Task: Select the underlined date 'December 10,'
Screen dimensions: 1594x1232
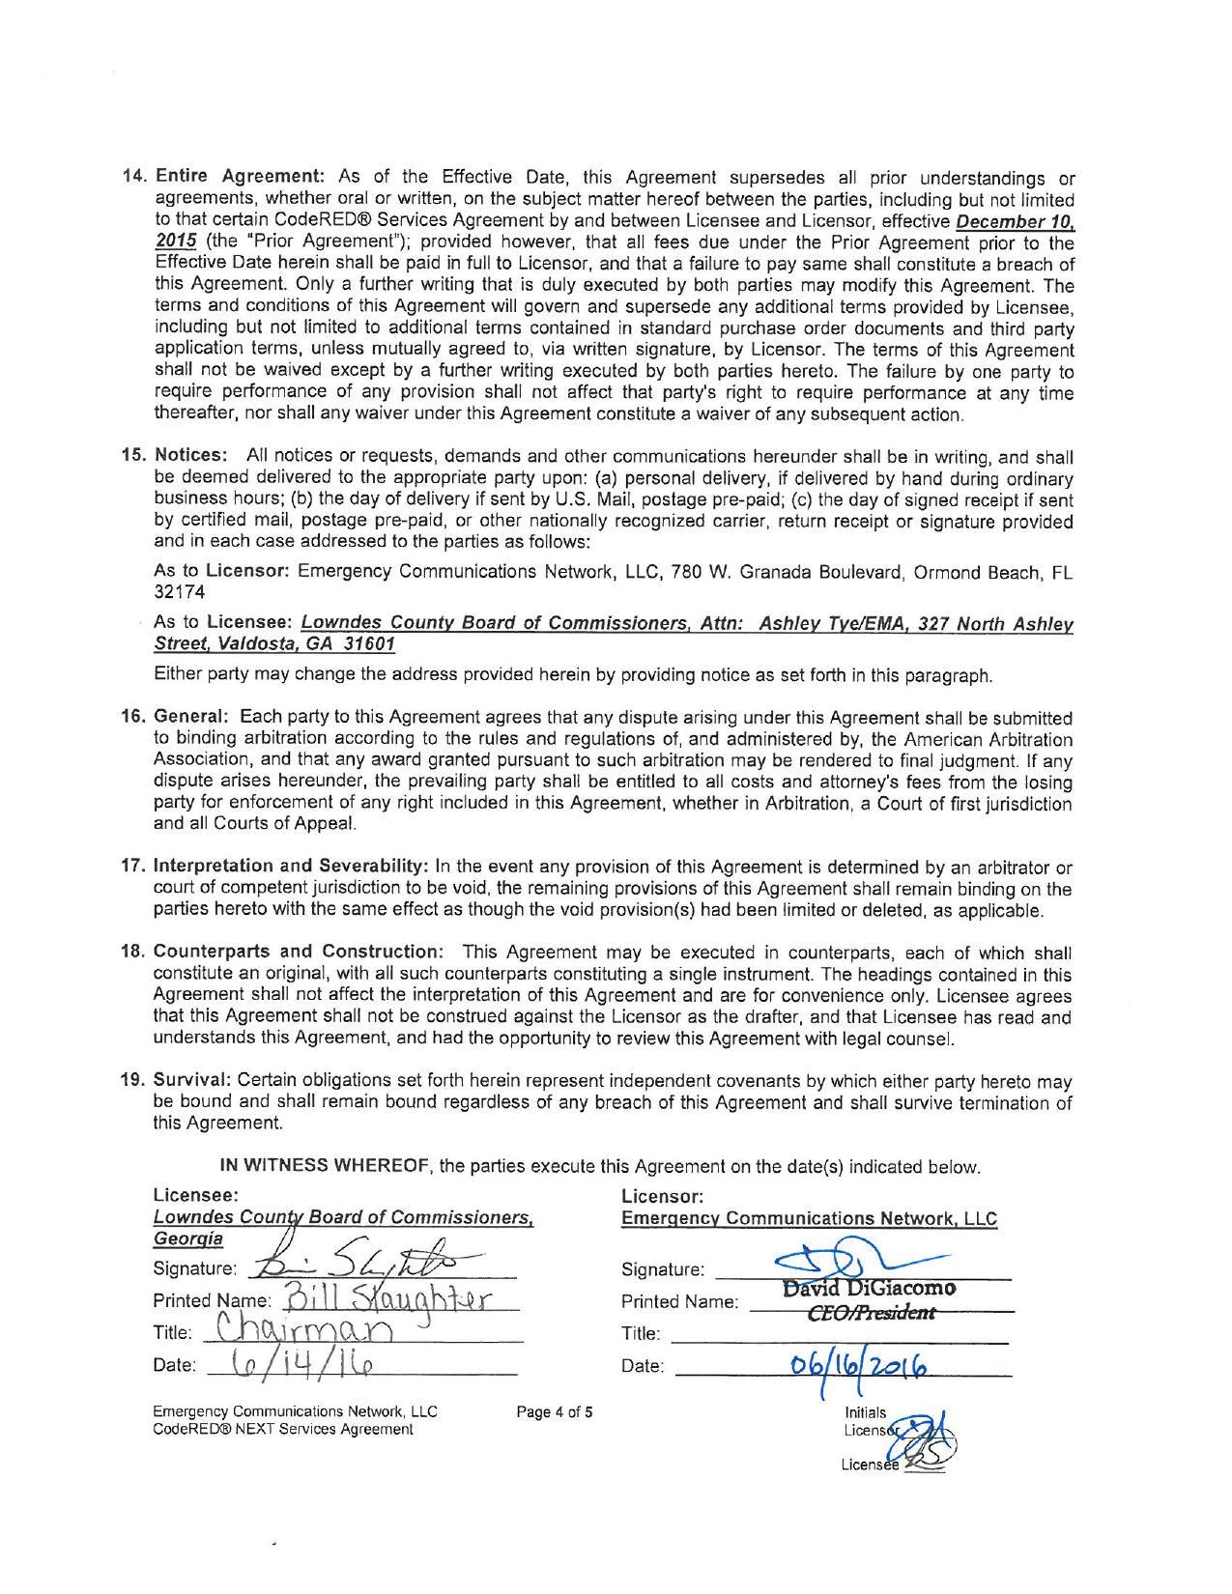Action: click(1017, 221)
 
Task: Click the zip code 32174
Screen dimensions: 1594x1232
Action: click(180, 592)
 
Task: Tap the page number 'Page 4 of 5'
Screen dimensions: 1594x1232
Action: click(555, 1412)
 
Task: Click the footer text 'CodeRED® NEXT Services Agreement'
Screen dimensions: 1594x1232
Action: click(282, 1429)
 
